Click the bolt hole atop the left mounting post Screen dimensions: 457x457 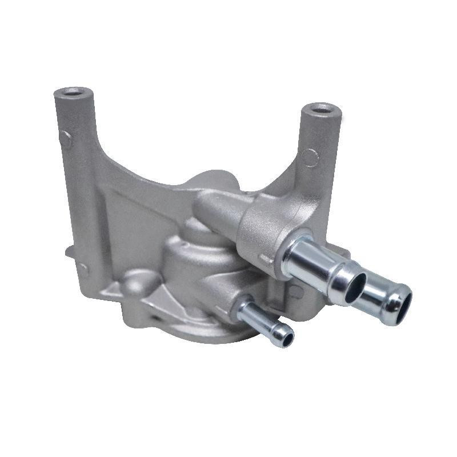74,92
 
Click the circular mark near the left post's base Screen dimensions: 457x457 83,268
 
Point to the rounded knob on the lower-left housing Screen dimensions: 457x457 136,281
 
